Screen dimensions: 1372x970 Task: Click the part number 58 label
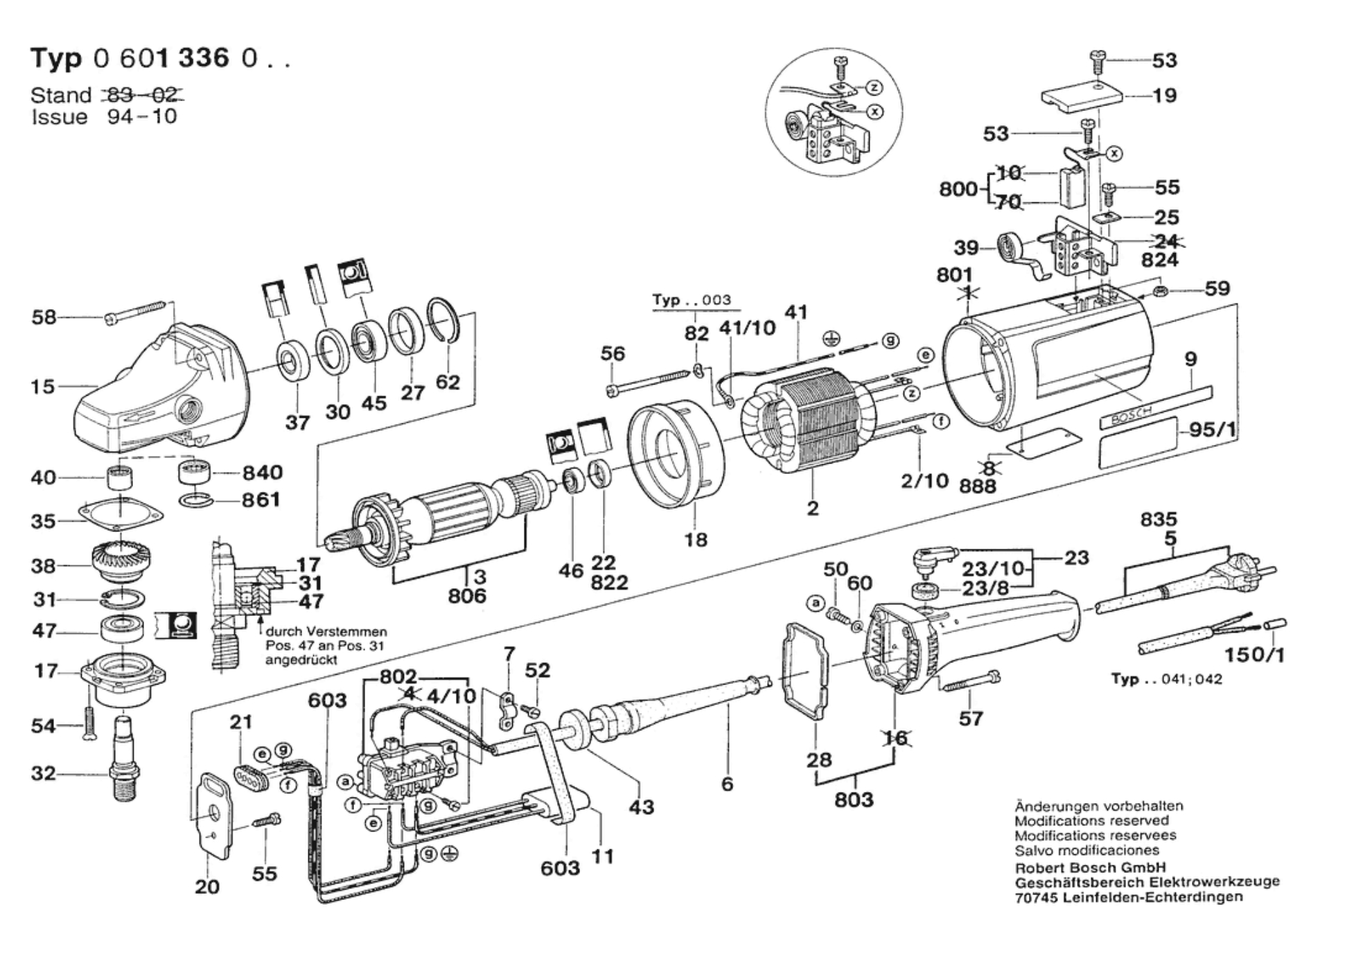point(44,317)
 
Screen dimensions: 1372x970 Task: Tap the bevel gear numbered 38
point(121,564)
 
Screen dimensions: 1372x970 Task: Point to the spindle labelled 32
point(124,758)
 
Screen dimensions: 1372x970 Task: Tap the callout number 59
point(1217,288)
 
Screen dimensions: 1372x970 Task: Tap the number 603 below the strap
point(560,867)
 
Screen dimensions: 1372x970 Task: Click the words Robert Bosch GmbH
point(1090,867)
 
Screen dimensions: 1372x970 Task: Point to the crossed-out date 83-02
point(143,94)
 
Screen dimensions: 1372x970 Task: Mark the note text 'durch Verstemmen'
point(326,632)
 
